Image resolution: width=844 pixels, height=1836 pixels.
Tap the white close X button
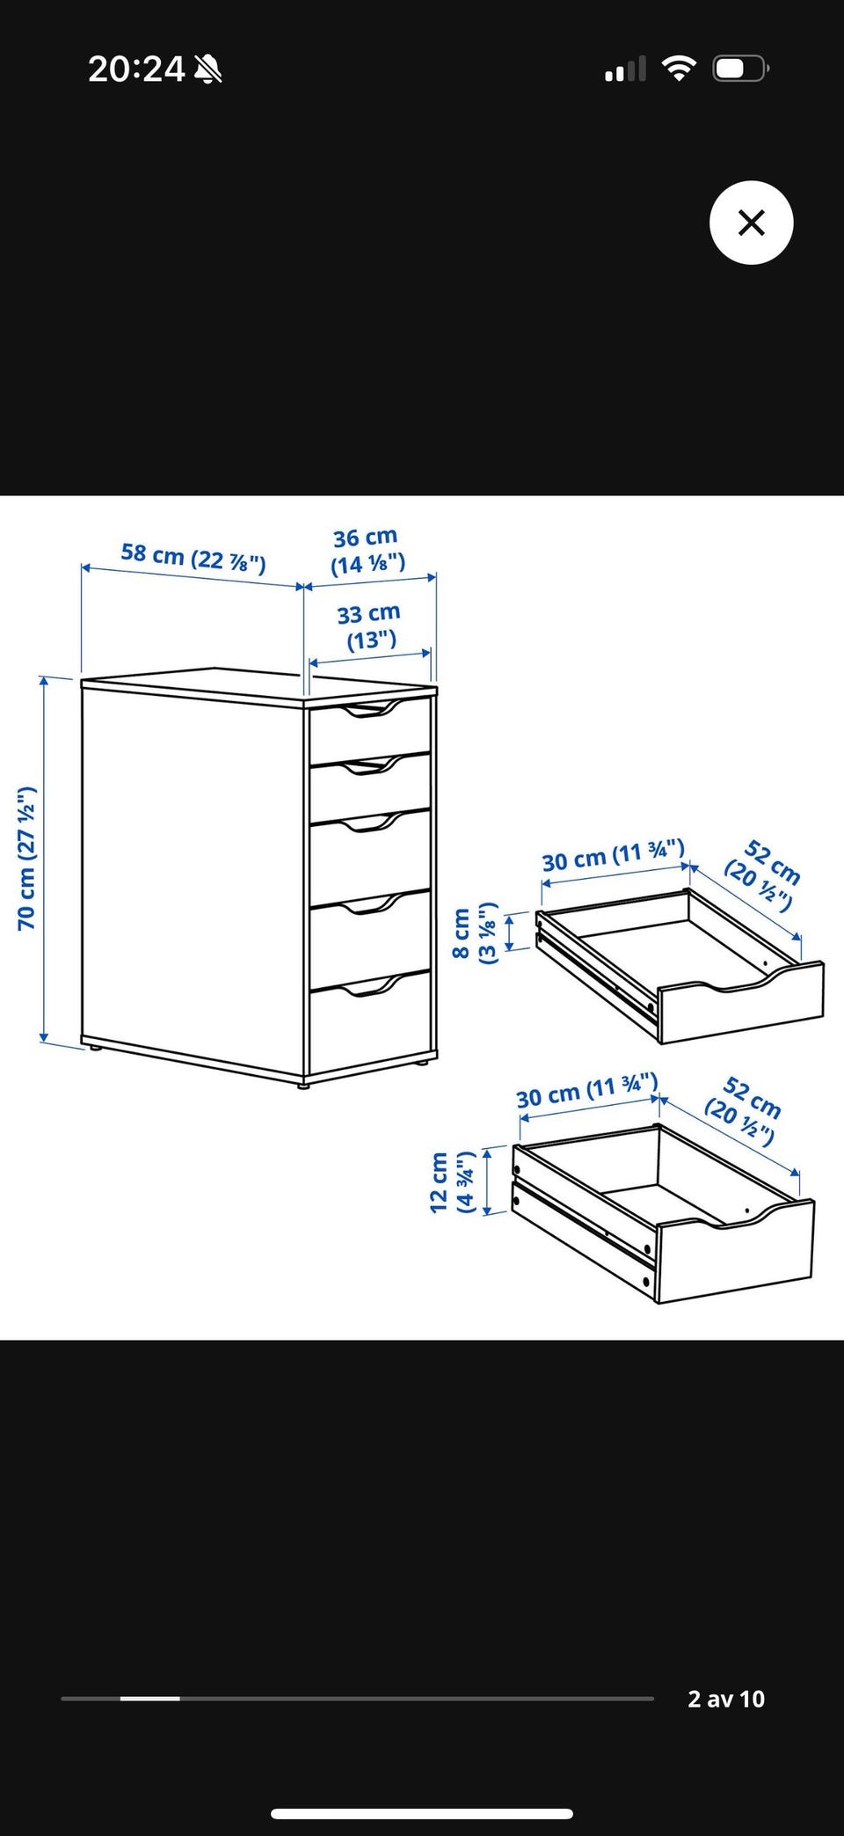[751, 223]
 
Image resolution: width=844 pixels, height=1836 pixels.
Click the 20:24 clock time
[136, 69]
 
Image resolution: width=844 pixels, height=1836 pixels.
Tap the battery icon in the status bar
[742, 69]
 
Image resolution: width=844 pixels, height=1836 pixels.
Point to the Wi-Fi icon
[678, 68]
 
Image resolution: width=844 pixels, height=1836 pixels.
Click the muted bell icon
[208, 69]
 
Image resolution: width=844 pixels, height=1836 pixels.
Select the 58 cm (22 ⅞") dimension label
[193, 557]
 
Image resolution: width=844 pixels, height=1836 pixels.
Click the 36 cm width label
[367, 551]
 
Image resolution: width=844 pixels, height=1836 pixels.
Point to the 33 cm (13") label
[369, 625]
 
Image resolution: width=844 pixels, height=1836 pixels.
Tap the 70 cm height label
[26, 859]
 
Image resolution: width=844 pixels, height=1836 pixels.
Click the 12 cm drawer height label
[452, 1181]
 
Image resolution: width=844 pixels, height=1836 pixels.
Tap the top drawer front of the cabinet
[369, 732]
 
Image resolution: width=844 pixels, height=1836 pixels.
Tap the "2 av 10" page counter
[726, 1699]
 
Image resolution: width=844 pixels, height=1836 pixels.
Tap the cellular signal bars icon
[625, 69]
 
